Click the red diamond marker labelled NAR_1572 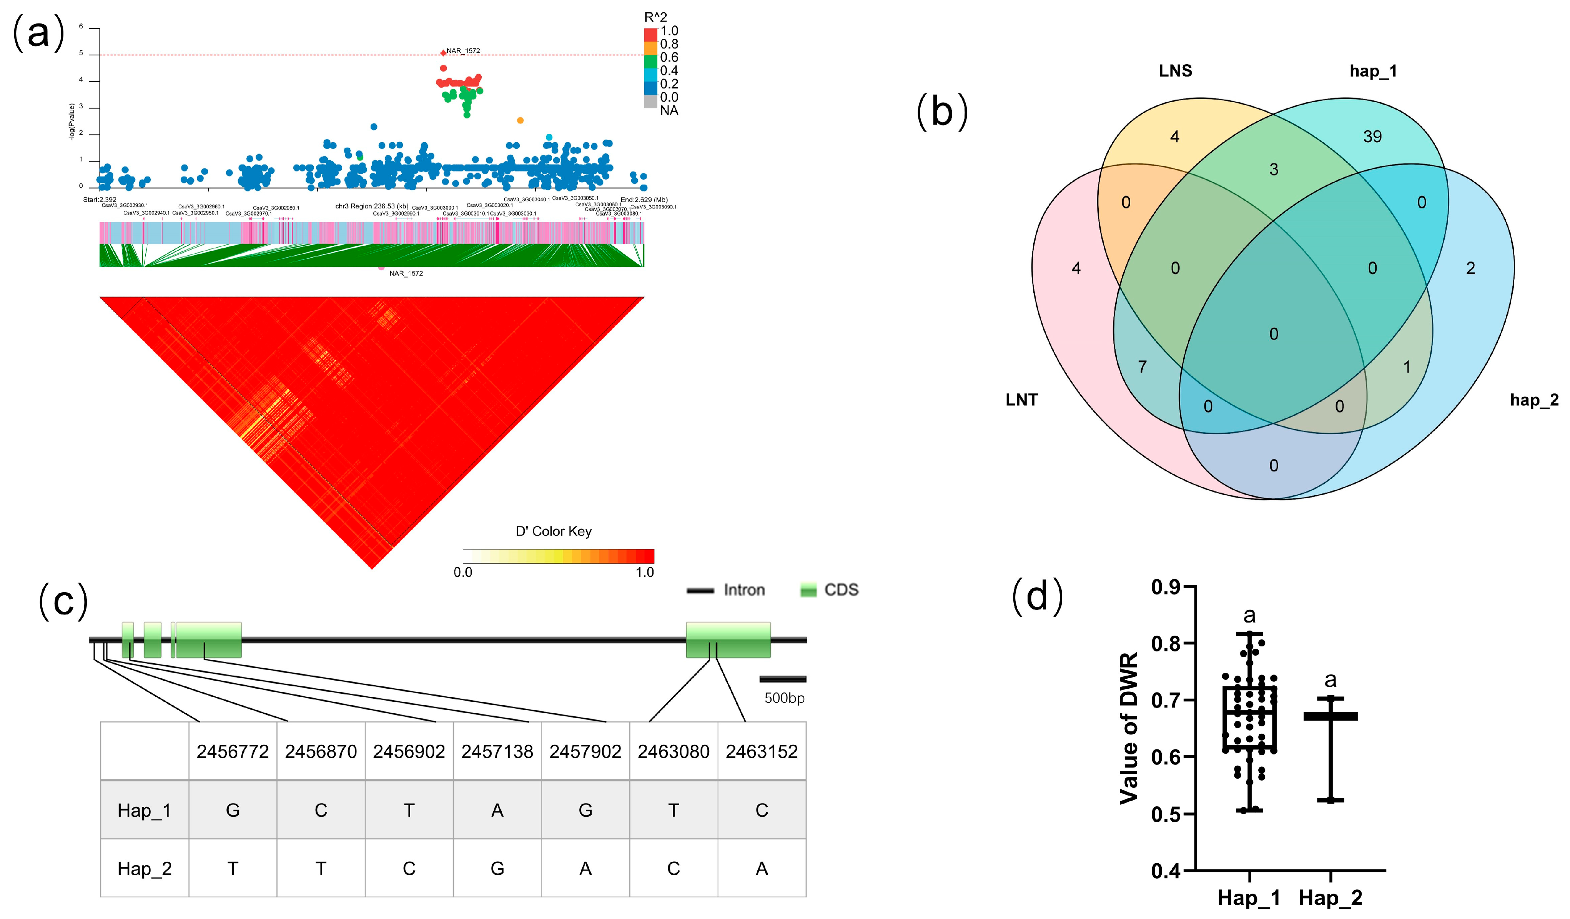[x=443, y=53]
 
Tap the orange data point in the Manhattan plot [x=520, y=120]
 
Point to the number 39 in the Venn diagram [x=1372, y=137]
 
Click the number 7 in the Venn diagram [x=1142, y=366]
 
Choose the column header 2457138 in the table [x=497, y=751]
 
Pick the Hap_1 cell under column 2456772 [x=232, y=810]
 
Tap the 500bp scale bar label [x=784, y=698]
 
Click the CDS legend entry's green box [x=808, y=590]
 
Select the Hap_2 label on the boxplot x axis [x=1330, y=898]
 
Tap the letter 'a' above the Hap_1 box [x=1249, y=616]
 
